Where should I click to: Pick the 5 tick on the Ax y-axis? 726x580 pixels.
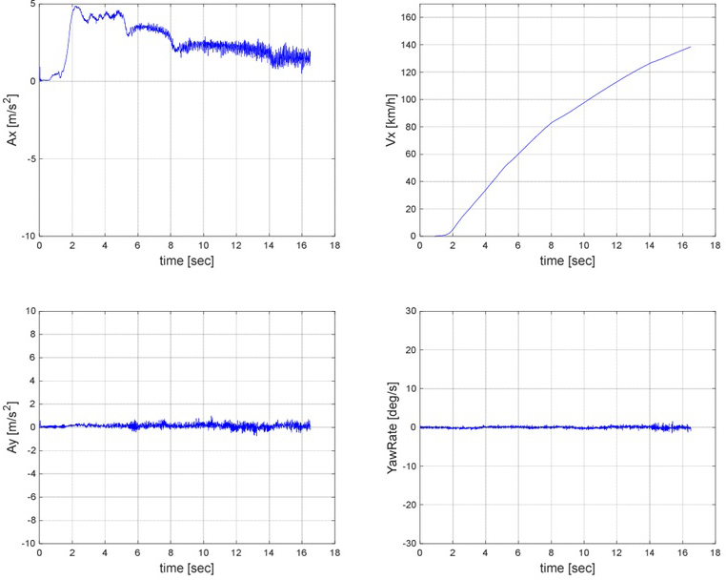tap(32, 5)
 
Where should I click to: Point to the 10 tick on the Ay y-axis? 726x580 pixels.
tap(30, 311)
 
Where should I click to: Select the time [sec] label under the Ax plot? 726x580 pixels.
tap(187, 259)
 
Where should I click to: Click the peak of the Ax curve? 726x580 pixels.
tap(75, 7)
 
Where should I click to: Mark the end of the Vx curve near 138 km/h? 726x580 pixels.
tap(690, 47)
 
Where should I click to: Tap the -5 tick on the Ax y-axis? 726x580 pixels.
tap(30, 158)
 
